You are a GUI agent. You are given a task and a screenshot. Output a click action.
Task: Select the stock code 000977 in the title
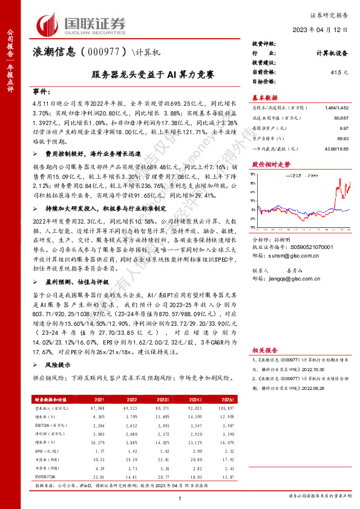(104, 53)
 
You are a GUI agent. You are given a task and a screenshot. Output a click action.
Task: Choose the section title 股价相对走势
(270, 164)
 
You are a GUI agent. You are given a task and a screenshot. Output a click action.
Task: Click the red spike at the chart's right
(336, 181)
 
